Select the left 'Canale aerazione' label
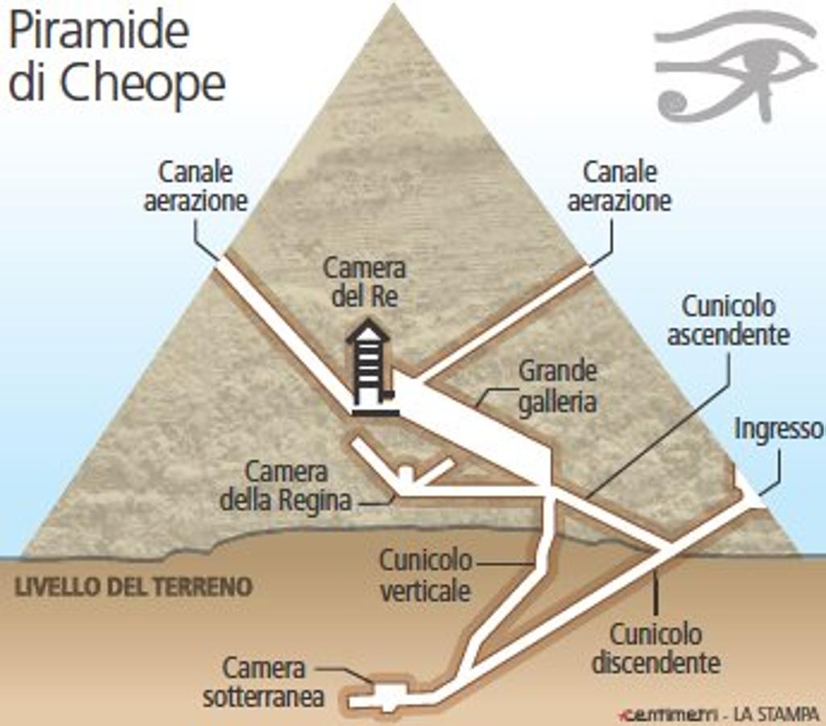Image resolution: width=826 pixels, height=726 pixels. [x=195, y=186]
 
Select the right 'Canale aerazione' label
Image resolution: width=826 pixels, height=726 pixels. [x=619, y=186]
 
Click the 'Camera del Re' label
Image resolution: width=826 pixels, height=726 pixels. [x=365, y=282]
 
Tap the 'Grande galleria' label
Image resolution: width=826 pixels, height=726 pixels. [x=557, y=386]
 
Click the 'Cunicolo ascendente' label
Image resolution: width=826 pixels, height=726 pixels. [x=728, y=320]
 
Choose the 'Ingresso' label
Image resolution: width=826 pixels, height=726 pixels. [x=778, y=430]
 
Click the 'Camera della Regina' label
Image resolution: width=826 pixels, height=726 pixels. [x=286, y=486]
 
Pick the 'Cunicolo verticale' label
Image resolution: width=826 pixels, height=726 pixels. [x=425, y=574]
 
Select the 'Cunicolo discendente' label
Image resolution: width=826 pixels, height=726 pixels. [x=655, y=648]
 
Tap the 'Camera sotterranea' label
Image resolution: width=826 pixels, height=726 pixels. [x=263, y=682]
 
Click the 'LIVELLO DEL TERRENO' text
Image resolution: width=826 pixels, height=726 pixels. [x=133, y=586]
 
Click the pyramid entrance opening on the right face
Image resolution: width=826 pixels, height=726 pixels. [x=750, y=494]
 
